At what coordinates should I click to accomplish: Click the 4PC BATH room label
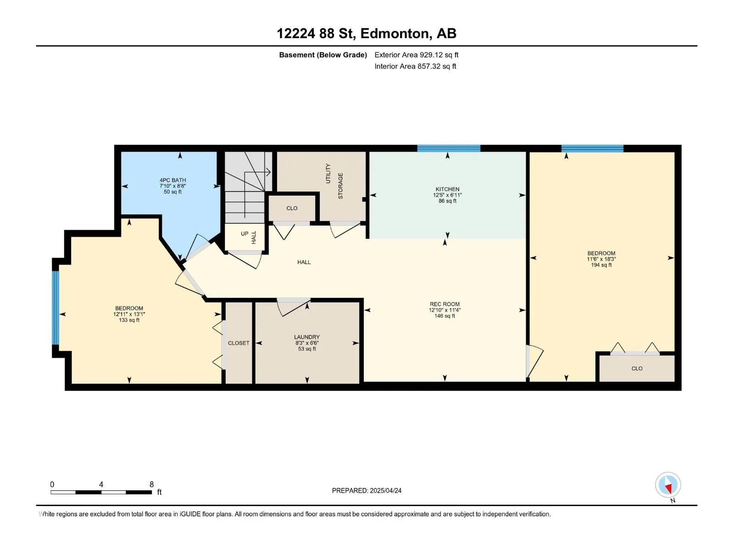(172, 180)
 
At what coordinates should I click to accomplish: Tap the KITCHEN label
(447, 189)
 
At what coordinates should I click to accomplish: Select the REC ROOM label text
(445, 304)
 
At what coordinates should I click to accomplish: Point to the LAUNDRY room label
(306, 337)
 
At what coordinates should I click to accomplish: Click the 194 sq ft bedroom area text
(601, 265)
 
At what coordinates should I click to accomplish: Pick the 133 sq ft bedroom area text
(129, 320)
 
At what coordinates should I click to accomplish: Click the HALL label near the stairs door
(254, 237)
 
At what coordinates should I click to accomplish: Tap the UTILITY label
(328, 173)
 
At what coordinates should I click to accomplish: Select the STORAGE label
(340, 186)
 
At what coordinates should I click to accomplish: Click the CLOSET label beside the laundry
(239, 343)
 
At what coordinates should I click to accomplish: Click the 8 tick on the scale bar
(151, 484)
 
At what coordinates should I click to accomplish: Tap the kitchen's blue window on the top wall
(448, 148)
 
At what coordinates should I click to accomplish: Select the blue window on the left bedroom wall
(56, 308)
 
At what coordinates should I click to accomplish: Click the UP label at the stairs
(245, 234)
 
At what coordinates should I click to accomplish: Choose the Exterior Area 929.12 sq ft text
(417, 55)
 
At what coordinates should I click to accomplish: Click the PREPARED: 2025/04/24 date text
(367, 490)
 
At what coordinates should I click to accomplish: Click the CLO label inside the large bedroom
(637, 368)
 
